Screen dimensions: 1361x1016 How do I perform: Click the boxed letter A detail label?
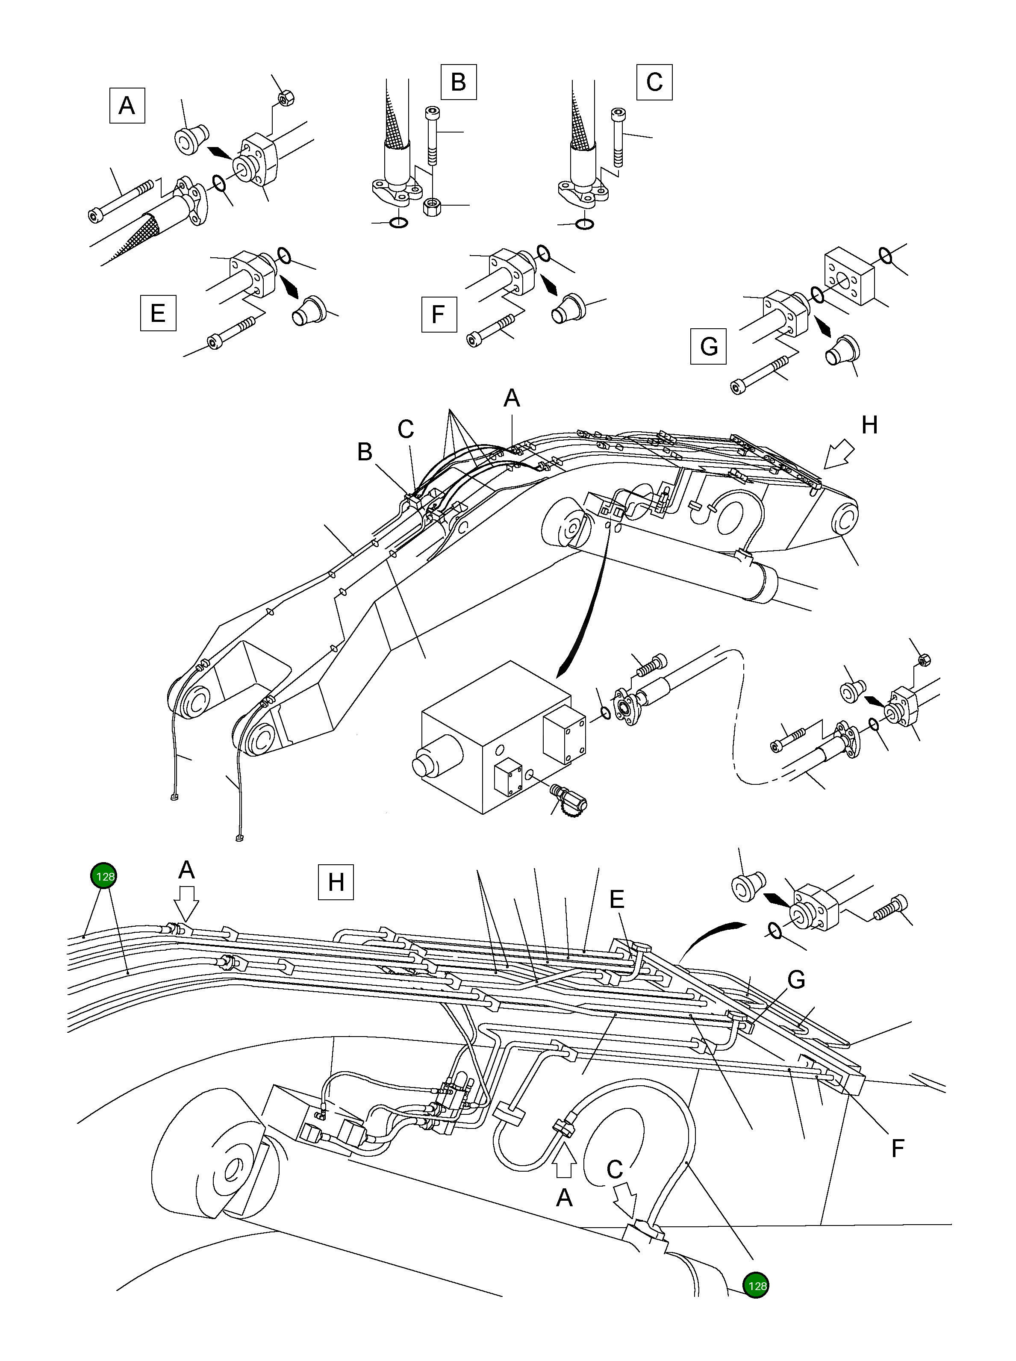pyautogui.click(x=127, y=106)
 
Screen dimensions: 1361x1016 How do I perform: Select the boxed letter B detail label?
pyautogui.click(x=458, y=81)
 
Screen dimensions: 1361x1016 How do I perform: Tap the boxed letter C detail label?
pyautogui.click(x=654, y=81)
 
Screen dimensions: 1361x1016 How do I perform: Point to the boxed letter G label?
pyautogui.click(x=709, y=346)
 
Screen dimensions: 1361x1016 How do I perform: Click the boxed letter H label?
pyautogui.click(x=336, y=882)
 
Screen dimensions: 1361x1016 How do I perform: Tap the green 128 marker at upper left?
pyautogui.click(x=103, y=876)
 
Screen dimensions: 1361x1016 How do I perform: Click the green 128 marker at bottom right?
pyautogui.click(x=756, y=1285)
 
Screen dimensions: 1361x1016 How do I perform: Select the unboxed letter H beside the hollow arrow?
pyautogui.click(x=869, y=425)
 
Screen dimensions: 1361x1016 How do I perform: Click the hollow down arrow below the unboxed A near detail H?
pyautogui.click(x=186, y=901)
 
